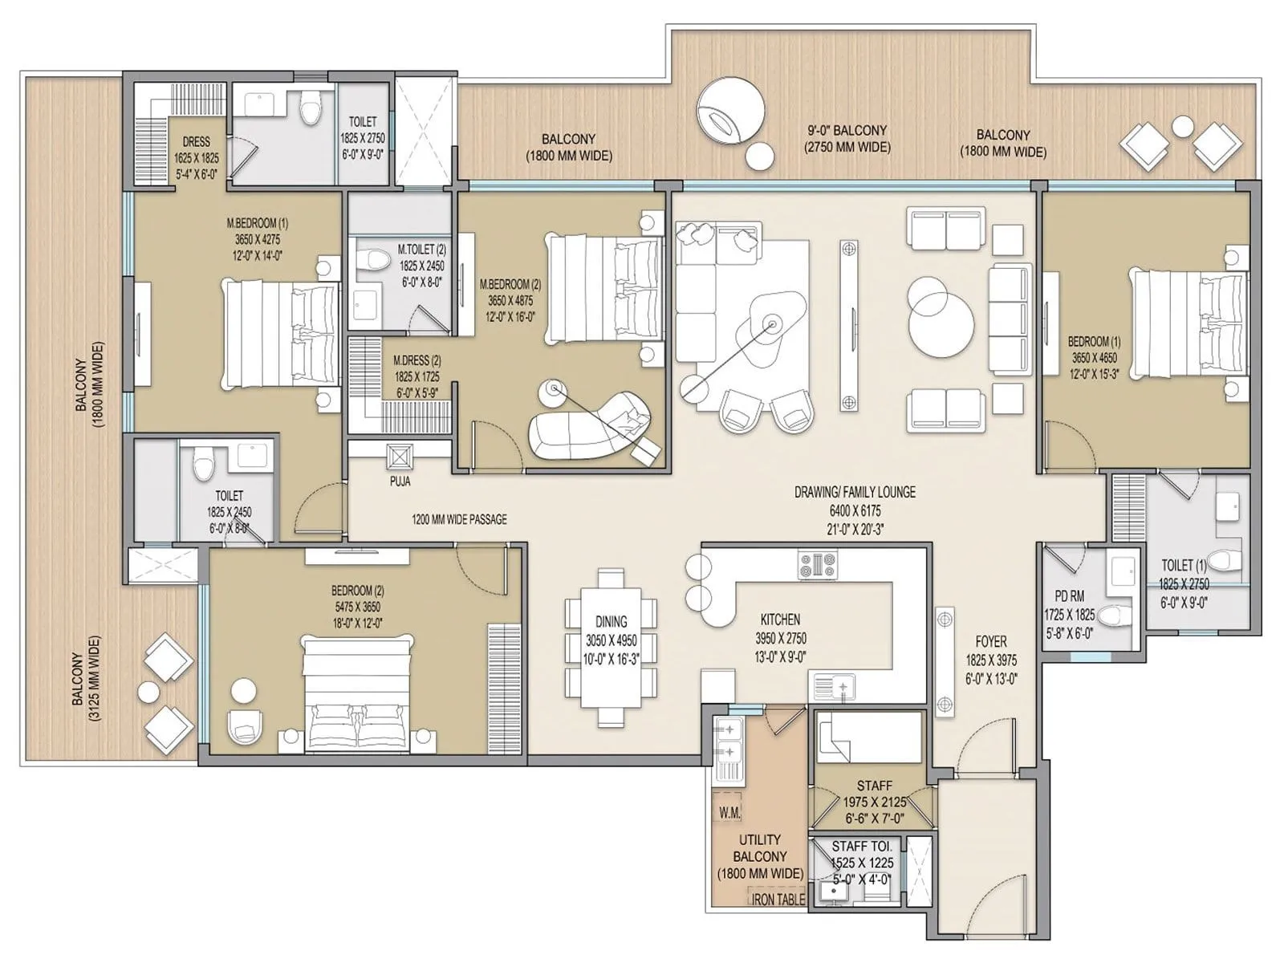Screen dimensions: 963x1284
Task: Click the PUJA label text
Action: click(x=400, y=481)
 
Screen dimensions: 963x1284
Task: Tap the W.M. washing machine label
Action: click(x=729, y=813)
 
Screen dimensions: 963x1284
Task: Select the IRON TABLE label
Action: click(x=777, y=900)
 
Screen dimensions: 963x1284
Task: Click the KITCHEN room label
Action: click(x=780, y=620)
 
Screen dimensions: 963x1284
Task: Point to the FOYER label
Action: click(x=991, y=641)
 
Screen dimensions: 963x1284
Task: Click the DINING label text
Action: click(x=612, y=621)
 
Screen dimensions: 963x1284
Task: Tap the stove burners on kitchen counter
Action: click(x=817, y=564)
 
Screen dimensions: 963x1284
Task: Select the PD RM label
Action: click(x=1069, y=596)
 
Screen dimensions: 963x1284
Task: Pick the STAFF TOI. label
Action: click(x=862, y=847)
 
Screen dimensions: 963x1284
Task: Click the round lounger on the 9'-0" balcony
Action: click(x=729, y=115)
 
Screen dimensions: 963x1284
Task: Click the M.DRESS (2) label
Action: click(x=416, y=361)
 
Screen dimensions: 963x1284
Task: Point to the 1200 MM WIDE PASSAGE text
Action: click(x=459, y=519)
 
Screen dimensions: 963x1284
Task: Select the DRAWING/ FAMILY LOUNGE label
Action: click(x=855, y=492)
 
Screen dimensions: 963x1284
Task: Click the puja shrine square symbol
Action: click(x=400, y=457)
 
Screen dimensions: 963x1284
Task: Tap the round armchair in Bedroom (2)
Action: click(x=244, y=724)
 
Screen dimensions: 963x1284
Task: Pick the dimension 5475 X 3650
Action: click(x=357, y=607)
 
